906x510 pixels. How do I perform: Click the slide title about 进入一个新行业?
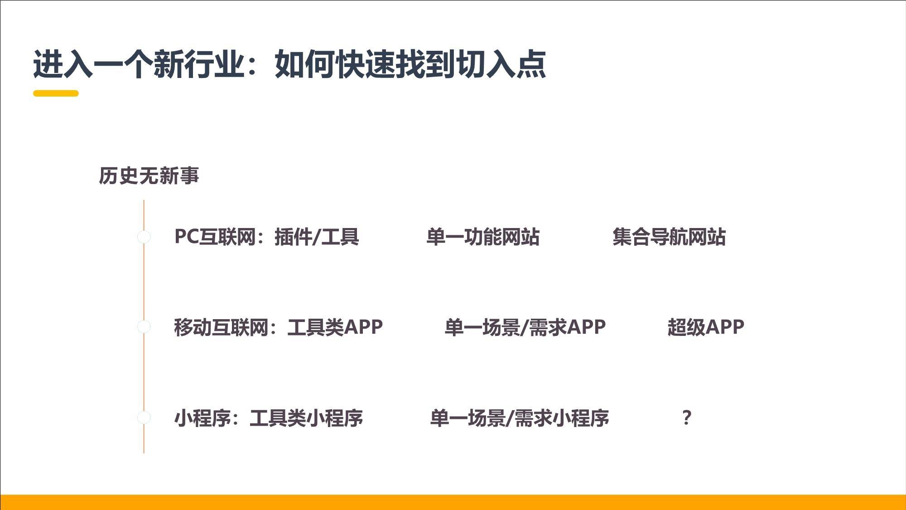click(289, 64)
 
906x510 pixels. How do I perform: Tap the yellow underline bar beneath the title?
click(56, 93)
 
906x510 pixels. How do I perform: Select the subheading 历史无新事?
click(149, 176)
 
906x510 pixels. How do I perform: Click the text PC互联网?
click(215, 237)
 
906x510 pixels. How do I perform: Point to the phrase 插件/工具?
click(317, 237)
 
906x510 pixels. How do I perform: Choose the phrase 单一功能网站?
click(483, 237)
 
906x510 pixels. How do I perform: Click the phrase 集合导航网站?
click(669, 237)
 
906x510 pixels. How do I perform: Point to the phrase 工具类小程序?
click(306, 418)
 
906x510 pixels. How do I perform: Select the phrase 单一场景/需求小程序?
click(520, 418)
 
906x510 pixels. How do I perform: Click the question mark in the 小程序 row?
click(687, 418)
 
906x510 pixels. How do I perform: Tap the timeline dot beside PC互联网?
click(144, 237)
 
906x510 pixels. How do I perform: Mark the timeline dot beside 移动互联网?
click(144, 327)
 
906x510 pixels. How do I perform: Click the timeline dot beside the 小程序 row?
click(144, 418)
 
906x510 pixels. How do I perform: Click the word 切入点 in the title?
click(501, 64)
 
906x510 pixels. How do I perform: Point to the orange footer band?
click(453, 502)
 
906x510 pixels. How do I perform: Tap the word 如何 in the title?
click(304, 64)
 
